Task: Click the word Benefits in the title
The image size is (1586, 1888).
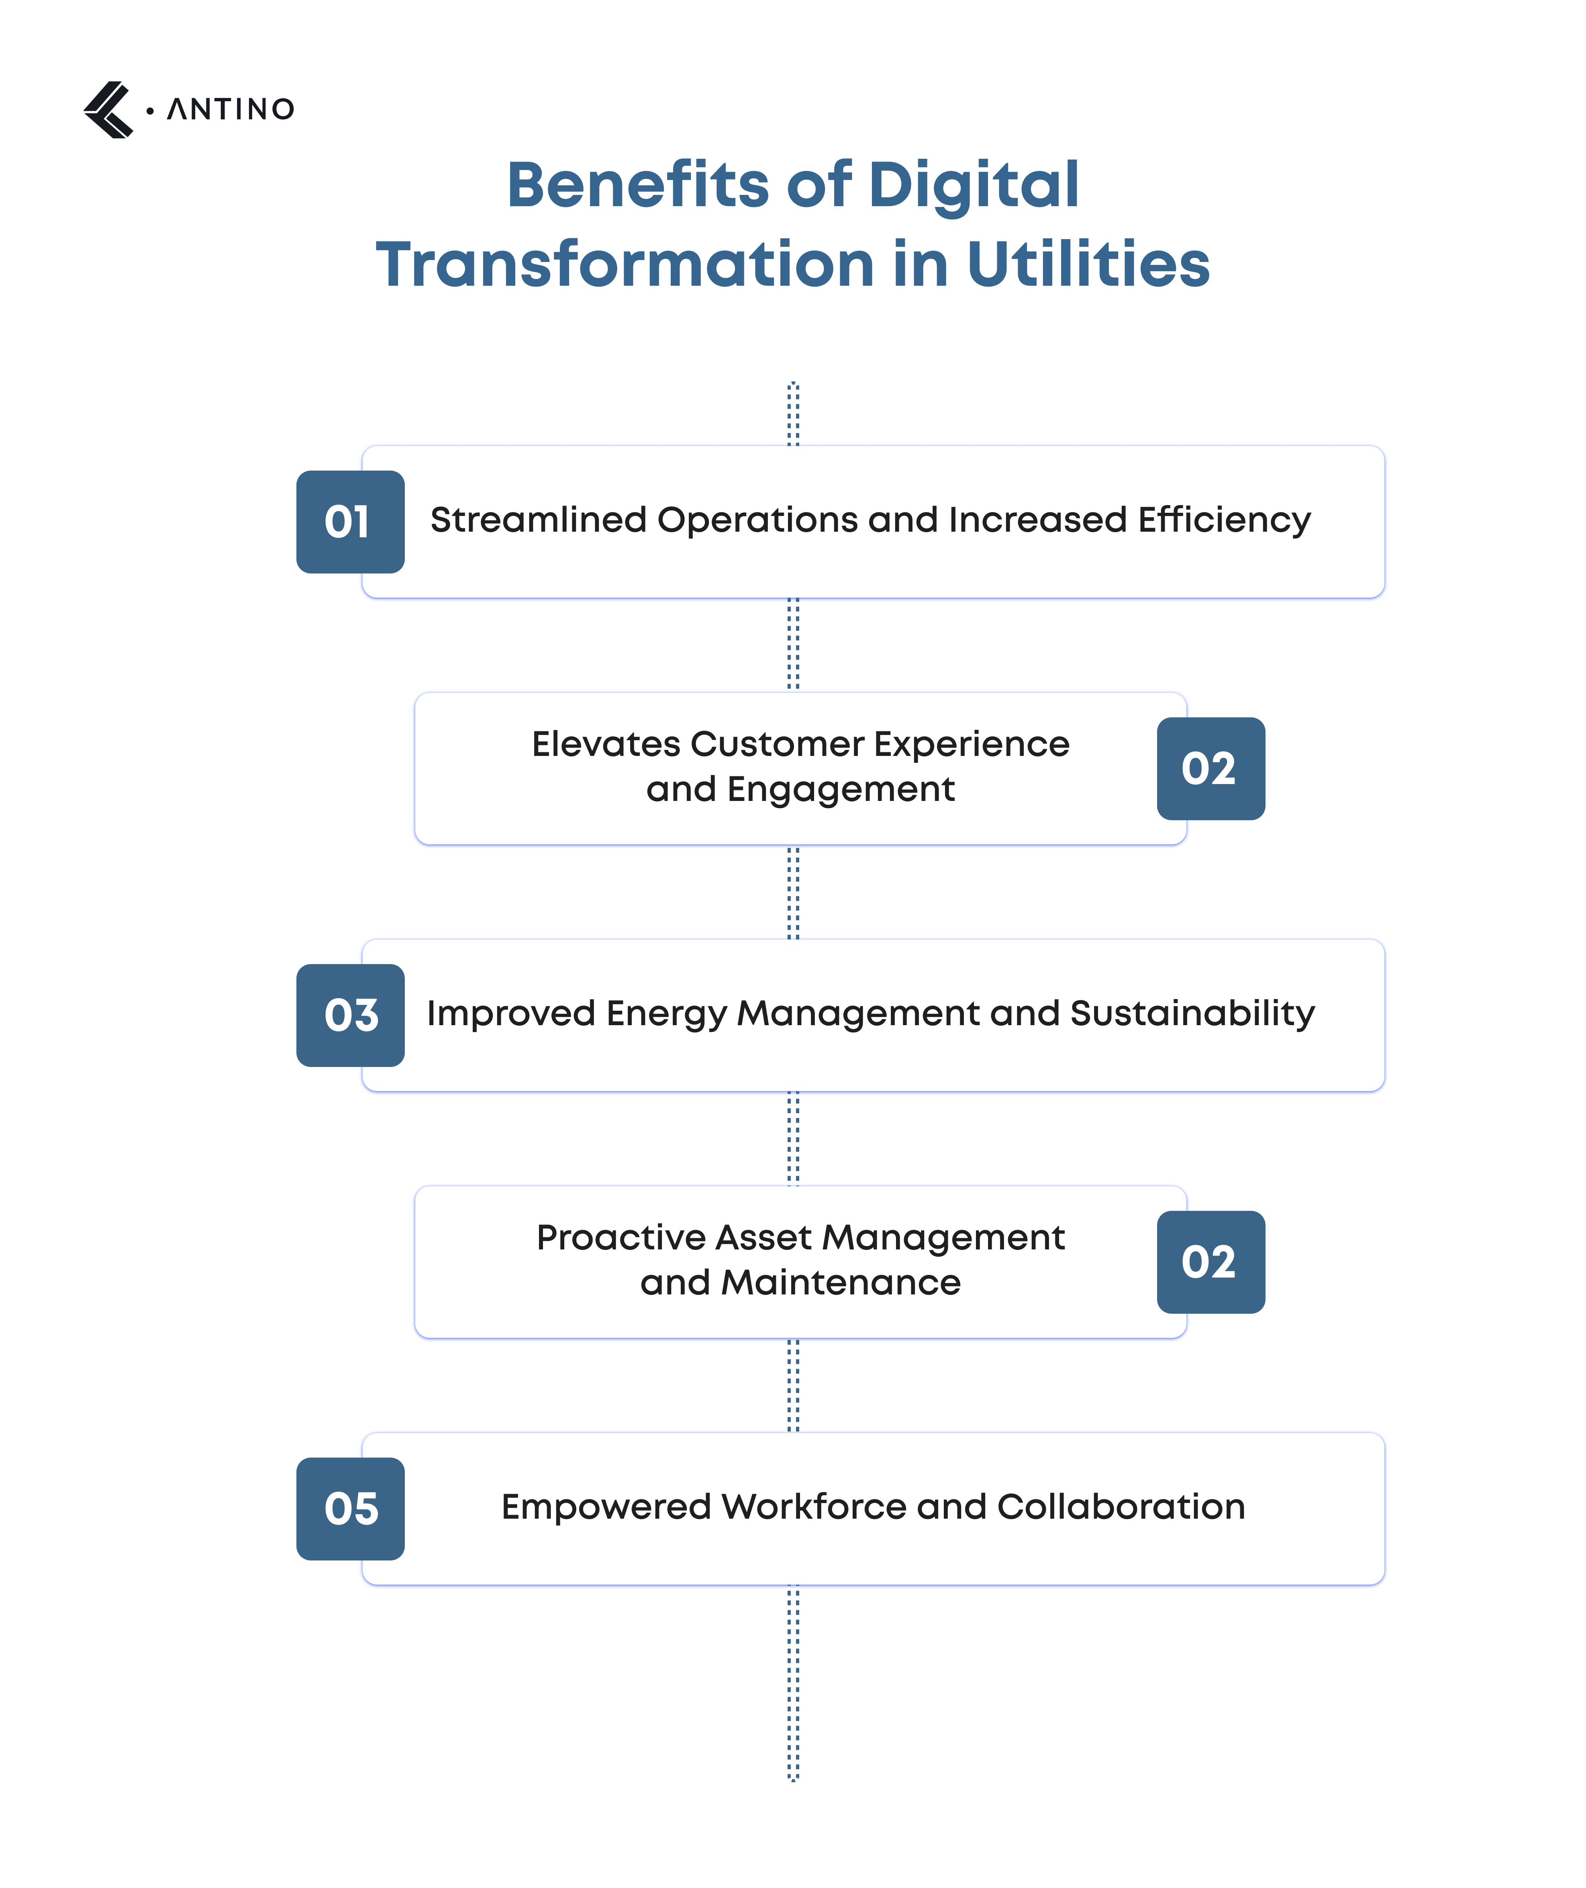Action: click(x=637, y=185)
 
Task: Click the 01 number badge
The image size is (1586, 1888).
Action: click(x=350, y=522)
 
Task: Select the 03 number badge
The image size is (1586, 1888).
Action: click(x=350, y=1016)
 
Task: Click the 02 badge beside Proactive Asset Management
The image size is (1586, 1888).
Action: click(x=1210, y=1262)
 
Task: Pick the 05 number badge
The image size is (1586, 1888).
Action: click(x=350, y=1508)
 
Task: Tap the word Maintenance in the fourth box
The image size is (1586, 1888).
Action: click(x=841, y=1283)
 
